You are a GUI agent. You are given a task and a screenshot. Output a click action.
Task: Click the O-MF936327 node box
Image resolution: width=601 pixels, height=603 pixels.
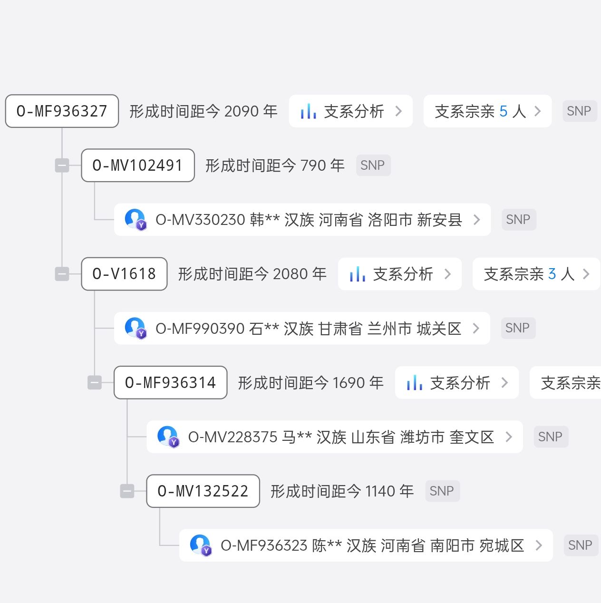coord(62,111)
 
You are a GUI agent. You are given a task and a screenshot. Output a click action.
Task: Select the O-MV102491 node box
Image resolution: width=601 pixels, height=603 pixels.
coord(138,165)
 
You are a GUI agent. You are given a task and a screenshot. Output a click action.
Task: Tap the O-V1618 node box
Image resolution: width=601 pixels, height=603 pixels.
coord(124,274)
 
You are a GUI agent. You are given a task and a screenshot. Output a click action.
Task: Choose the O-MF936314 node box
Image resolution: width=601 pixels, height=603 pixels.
coord(171,382)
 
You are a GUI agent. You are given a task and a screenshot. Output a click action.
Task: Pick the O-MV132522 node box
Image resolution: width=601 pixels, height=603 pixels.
coord(203,491)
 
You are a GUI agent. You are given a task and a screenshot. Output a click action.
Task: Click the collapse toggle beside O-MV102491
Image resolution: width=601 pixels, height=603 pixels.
coord(62,165)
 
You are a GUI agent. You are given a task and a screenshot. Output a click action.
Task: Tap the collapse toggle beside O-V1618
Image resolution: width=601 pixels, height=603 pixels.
coord(62,274)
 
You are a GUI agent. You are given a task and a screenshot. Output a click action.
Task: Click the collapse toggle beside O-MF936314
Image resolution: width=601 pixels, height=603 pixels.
coord(95,382)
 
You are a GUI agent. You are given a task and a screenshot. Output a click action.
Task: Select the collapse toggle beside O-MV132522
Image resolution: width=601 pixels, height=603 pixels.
coord(127,491)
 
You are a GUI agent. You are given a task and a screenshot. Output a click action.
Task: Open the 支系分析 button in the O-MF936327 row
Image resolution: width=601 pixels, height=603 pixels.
coord(350,111)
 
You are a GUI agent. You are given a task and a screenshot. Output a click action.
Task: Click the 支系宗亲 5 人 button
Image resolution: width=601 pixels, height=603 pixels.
coord(487,111)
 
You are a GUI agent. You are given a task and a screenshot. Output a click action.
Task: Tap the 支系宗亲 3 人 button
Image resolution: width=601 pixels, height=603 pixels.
coord(536,274)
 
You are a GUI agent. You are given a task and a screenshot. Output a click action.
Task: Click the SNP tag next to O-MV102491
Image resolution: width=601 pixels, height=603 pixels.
coord(373,165)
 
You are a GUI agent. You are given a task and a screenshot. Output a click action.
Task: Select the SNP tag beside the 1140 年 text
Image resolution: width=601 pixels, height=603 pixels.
coord(442,491)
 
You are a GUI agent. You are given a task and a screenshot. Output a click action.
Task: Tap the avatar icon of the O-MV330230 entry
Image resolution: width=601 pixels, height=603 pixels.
coord(136,219)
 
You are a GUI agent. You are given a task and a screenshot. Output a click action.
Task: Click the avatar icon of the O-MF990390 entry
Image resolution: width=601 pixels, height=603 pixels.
coord(136,328)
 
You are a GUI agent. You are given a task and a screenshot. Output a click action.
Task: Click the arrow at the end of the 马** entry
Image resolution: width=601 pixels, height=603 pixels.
coord(509,437)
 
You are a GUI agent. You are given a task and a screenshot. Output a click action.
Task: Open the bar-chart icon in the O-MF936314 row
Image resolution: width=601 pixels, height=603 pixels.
coord(415,382)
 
